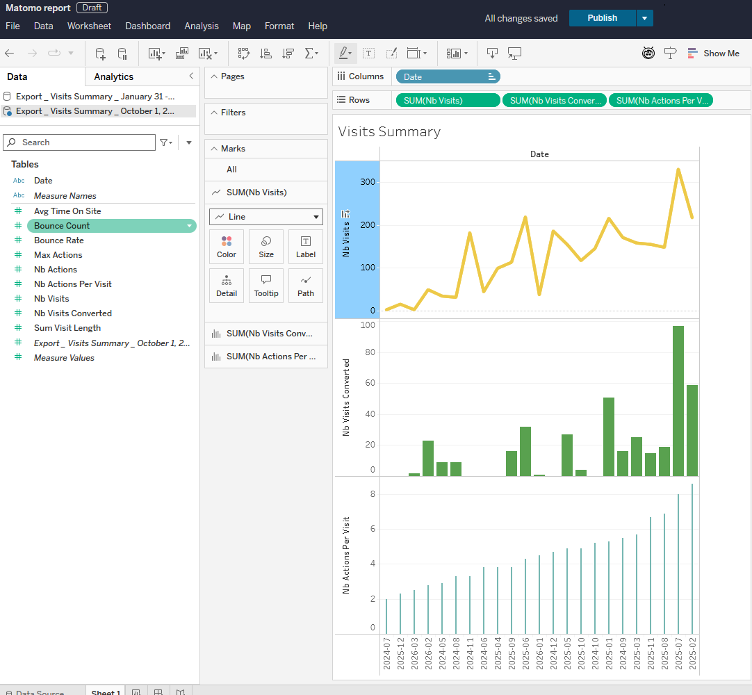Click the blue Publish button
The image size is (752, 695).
[602, 18]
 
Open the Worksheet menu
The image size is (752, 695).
[89, 26]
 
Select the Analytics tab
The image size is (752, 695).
[113, 76]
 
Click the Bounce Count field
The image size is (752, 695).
[62, 226]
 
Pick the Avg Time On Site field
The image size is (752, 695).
[67, 211]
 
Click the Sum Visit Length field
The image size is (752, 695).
[67, 328]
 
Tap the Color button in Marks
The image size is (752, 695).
[227, 247]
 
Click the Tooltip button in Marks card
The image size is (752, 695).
[266, 286]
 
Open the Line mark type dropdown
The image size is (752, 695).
[266, 217]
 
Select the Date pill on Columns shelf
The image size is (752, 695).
[448, 77]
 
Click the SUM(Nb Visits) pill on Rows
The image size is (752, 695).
[447, 101]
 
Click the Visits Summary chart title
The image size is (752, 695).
[389, 132]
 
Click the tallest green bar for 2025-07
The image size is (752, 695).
[678, 400]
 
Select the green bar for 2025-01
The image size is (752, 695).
[609, 436]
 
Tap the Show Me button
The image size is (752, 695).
[713, 54]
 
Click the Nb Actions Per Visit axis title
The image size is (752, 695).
[345, 555]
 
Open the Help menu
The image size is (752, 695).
[318, 26]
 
